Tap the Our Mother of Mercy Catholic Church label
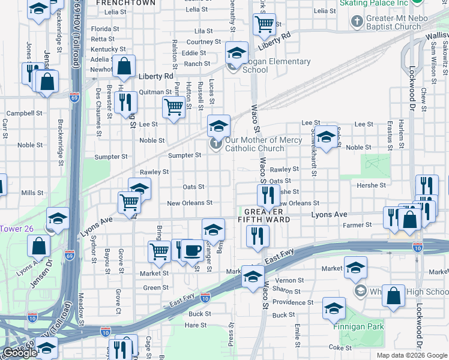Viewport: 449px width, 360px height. [255, 144]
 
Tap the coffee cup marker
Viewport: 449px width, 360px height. [191, 250]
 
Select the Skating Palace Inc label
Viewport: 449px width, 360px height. [373, 3]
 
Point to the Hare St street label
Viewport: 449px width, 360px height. [196, 325]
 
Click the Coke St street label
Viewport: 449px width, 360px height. [340, 347]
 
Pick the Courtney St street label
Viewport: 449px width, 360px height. [203, 42]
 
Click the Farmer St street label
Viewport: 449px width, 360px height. [357, 225]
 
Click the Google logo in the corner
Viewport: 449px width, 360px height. [20, 353]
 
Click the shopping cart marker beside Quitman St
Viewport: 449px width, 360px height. [173, 107]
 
